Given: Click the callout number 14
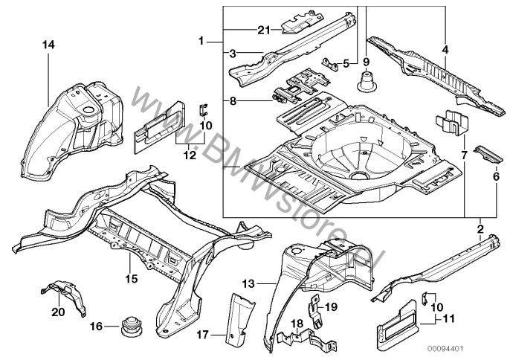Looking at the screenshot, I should tap(48, 46).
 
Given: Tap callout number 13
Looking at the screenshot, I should tap(249, 283).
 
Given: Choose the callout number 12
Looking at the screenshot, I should tap(190, 155).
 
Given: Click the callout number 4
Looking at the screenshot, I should tap(445, 49).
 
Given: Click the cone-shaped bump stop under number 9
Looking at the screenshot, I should tap(366, 79).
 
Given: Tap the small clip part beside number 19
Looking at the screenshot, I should tap(314, 305).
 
